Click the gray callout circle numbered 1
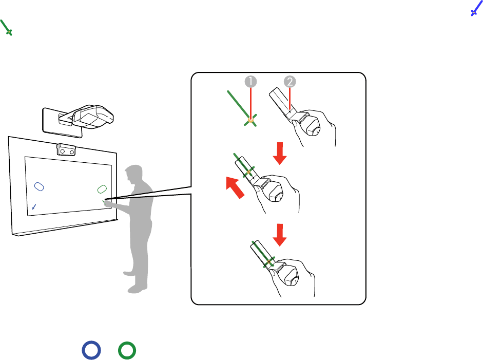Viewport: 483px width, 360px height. pyautogui.click(x=251, y=82)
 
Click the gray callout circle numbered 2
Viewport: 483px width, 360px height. pyautogui.click(x=290, y=82)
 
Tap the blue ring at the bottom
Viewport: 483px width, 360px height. pyautogui.click(x=91, y=350)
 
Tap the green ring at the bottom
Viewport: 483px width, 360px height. pyautogui.click(x=127, y=350)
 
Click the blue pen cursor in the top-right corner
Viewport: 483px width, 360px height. pyautogui.click(x=476, y=8)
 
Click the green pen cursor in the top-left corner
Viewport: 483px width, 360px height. pyautogui.click(x=6, y=28)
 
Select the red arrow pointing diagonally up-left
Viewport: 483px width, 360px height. pyautogui.click(x=235, y=187)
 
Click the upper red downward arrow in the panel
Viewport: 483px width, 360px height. pyautogui.click(x=280, y=154)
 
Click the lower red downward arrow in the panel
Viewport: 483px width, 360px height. pyautogui.click(x=280, y=235)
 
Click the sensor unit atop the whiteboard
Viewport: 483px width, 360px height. pyautogui.click(x=66, y=150)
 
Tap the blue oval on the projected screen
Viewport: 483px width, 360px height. pyautogui.click(x=39, y=186)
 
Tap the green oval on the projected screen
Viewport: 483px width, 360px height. pyautogui.click(x=102, y=190)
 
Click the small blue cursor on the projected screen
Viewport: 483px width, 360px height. pyautogui.click(x=34, y=207)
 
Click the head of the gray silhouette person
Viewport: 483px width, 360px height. pyautogui.click(x=134, y=175)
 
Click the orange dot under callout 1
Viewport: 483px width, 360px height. pyautogui.click(x=251, y=120)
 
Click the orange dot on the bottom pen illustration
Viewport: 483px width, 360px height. pyautogui.click(x=269, y=262)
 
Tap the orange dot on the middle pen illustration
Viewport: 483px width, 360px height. pyautogui.click(x=248, y=172)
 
